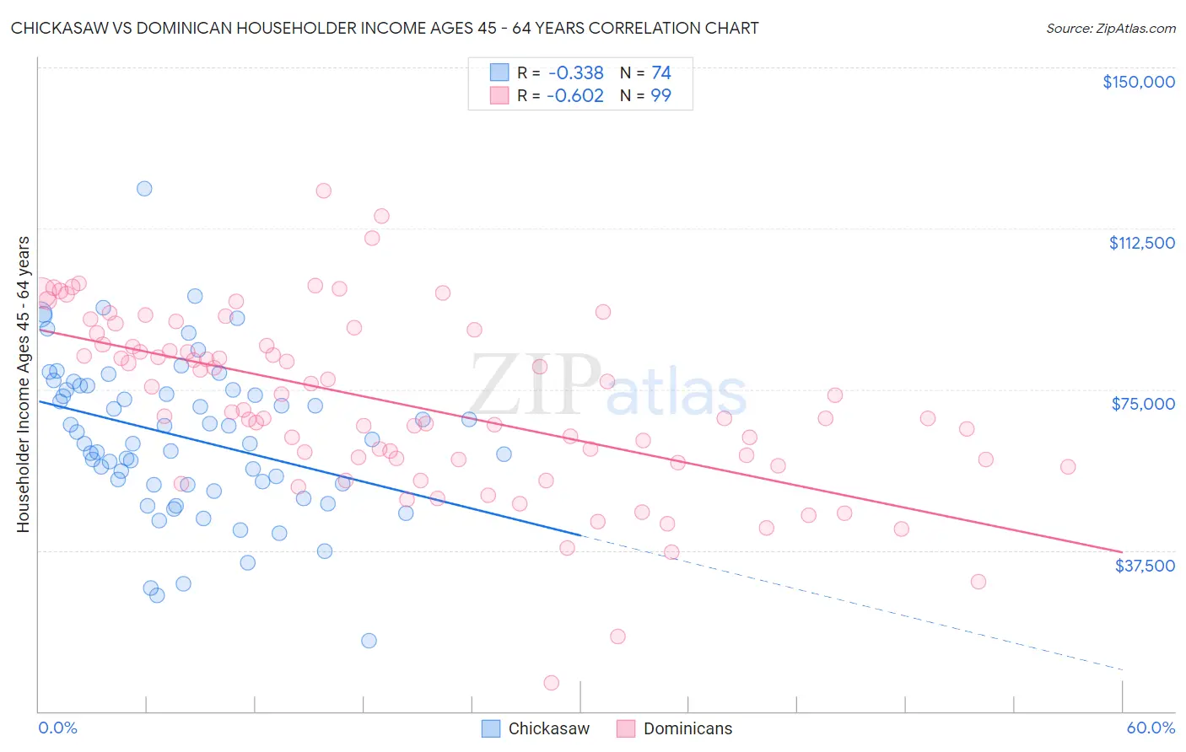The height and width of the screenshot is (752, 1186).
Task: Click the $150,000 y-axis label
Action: tap(1138, 82)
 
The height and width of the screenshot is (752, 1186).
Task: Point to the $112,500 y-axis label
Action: tap(1141, 243)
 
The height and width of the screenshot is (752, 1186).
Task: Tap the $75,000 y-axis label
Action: tap(1143, 404)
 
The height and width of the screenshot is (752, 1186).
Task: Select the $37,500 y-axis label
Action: tap(1145, 566)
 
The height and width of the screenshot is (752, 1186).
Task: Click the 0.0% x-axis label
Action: tap(57, 728)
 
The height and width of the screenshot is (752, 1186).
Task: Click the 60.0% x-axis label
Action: tap(1150, 728)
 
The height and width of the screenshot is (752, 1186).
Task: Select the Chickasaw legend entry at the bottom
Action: tap(536, 728)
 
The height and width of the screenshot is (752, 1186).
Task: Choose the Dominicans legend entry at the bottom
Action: tap(675, 728)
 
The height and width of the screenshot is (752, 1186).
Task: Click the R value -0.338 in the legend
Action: tap(576, 73)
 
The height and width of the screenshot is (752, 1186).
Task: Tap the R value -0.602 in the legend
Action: tap(576, 96)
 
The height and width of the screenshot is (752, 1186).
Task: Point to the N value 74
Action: tap(661, 73)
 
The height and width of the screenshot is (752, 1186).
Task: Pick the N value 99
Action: tap(661, 96)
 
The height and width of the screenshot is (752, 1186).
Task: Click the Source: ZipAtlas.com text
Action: tap(1110, 29)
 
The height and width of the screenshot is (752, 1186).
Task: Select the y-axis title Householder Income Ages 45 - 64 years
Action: tap(24, 384)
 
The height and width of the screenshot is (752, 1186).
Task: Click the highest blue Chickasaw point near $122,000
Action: tap(144, 189)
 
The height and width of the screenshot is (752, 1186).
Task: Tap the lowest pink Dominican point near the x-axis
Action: tap(552, 683)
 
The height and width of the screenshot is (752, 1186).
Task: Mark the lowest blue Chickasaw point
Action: tap(369, 641)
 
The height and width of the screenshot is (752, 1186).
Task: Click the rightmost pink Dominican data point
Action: tap(1068, 467)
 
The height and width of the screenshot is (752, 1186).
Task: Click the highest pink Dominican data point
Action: tap(323, 191)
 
